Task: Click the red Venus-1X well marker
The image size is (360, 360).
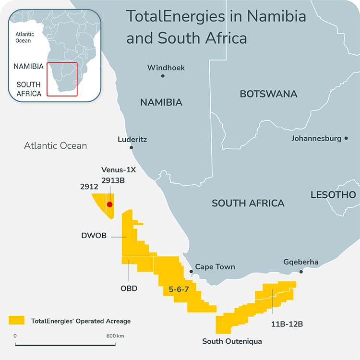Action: point(109,204)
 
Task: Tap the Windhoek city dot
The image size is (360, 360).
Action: point(163,76)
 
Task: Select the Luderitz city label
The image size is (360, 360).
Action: point(132,140)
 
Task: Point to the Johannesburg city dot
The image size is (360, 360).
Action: point(346,139)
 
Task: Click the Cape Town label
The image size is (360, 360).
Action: point(215,267)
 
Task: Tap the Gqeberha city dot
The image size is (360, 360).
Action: point(301,272)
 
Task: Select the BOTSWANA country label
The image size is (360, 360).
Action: point(268,94)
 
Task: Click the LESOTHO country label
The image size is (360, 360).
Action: point(333,195)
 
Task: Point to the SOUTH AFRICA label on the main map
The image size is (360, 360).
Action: point(248,203)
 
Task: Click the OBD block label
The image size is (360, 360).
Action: point(129,288)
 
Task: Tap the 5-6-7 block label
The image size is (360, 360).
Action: point(179,289)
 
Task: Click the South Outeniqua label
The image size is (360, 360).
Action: point(232,341)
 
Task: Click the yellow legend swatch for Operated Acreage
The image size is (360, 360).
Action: point(16,320)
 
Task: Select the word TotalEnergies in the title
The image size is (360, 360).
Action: point(175,16)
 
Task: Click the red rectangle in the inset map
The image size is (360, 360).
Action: point(62,79)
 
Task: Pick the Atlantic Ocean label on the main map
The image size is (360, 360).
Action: point(56,145)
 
